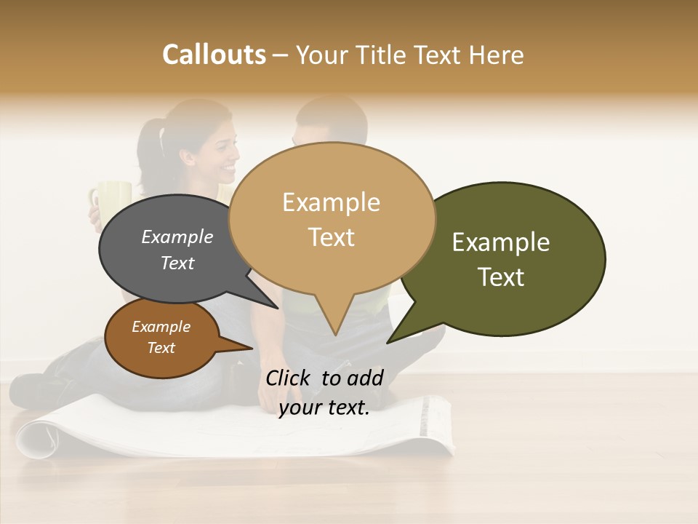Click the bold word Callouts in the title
(x=214, y=55)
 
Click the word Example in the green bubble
(x=501, y=242)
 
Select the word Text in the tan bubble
(x=332, y=237)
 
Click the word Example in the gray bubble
(x=177, y=237)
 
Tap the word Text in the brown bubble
(x=161, y=348)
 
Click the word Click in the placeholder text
(x=289, y=378)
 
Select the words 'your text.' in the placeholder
(x=324, y=407)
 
